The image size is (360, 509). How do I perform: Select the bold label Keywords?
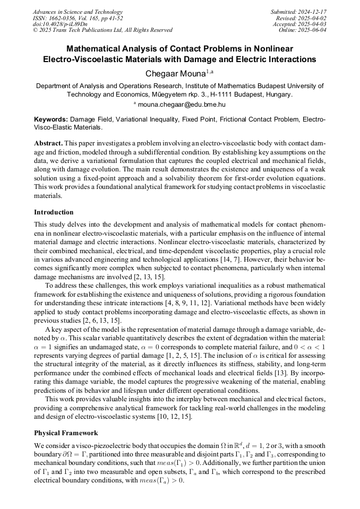51,119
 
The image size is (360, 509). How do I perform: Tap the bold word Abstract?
48,144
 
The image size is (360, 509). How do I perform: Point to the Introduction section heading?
54,212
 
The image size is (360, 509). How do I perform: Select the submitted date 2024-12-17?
311,12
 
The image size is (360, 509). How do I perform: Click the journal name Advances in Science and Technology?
78,12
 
